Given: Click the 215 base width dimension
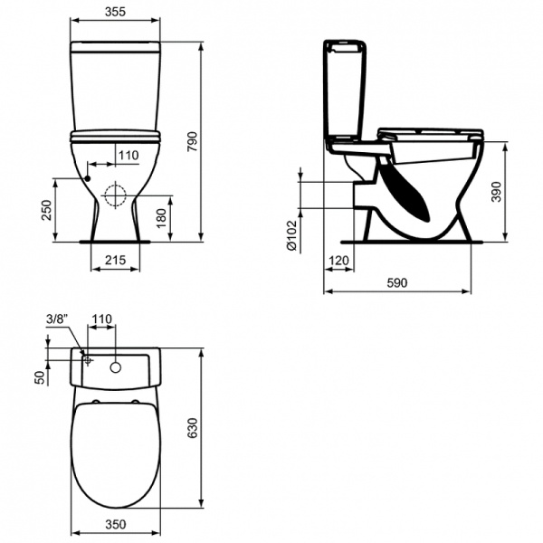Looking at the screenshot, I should pyautogui.click(x=115, y=261).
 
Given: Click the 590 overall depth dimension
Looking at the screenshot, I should pyautogui.click(x=398, y=283).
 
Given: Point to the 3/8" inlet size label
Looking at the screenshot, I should pyautogui.click(x=56, y=319).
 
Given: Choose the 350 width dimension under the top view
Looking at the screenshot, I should pyautogui.click(x=114, y=524).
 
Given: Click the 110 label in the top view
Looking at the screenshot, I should pyautogui.click(x=101, y=319).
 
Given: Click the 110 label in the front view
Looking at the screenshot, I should pyautogui.click(x=129, y=156).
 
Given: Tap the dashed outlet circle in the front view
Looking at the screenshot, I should pyautogui.click(x=115, y=195).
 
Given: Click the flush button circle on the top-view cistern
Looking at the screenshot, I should pyautogui.click(x=116, y=367).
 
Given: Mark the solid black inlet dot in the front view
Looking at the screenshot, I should pyautogui.click(x=89, y=178).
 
